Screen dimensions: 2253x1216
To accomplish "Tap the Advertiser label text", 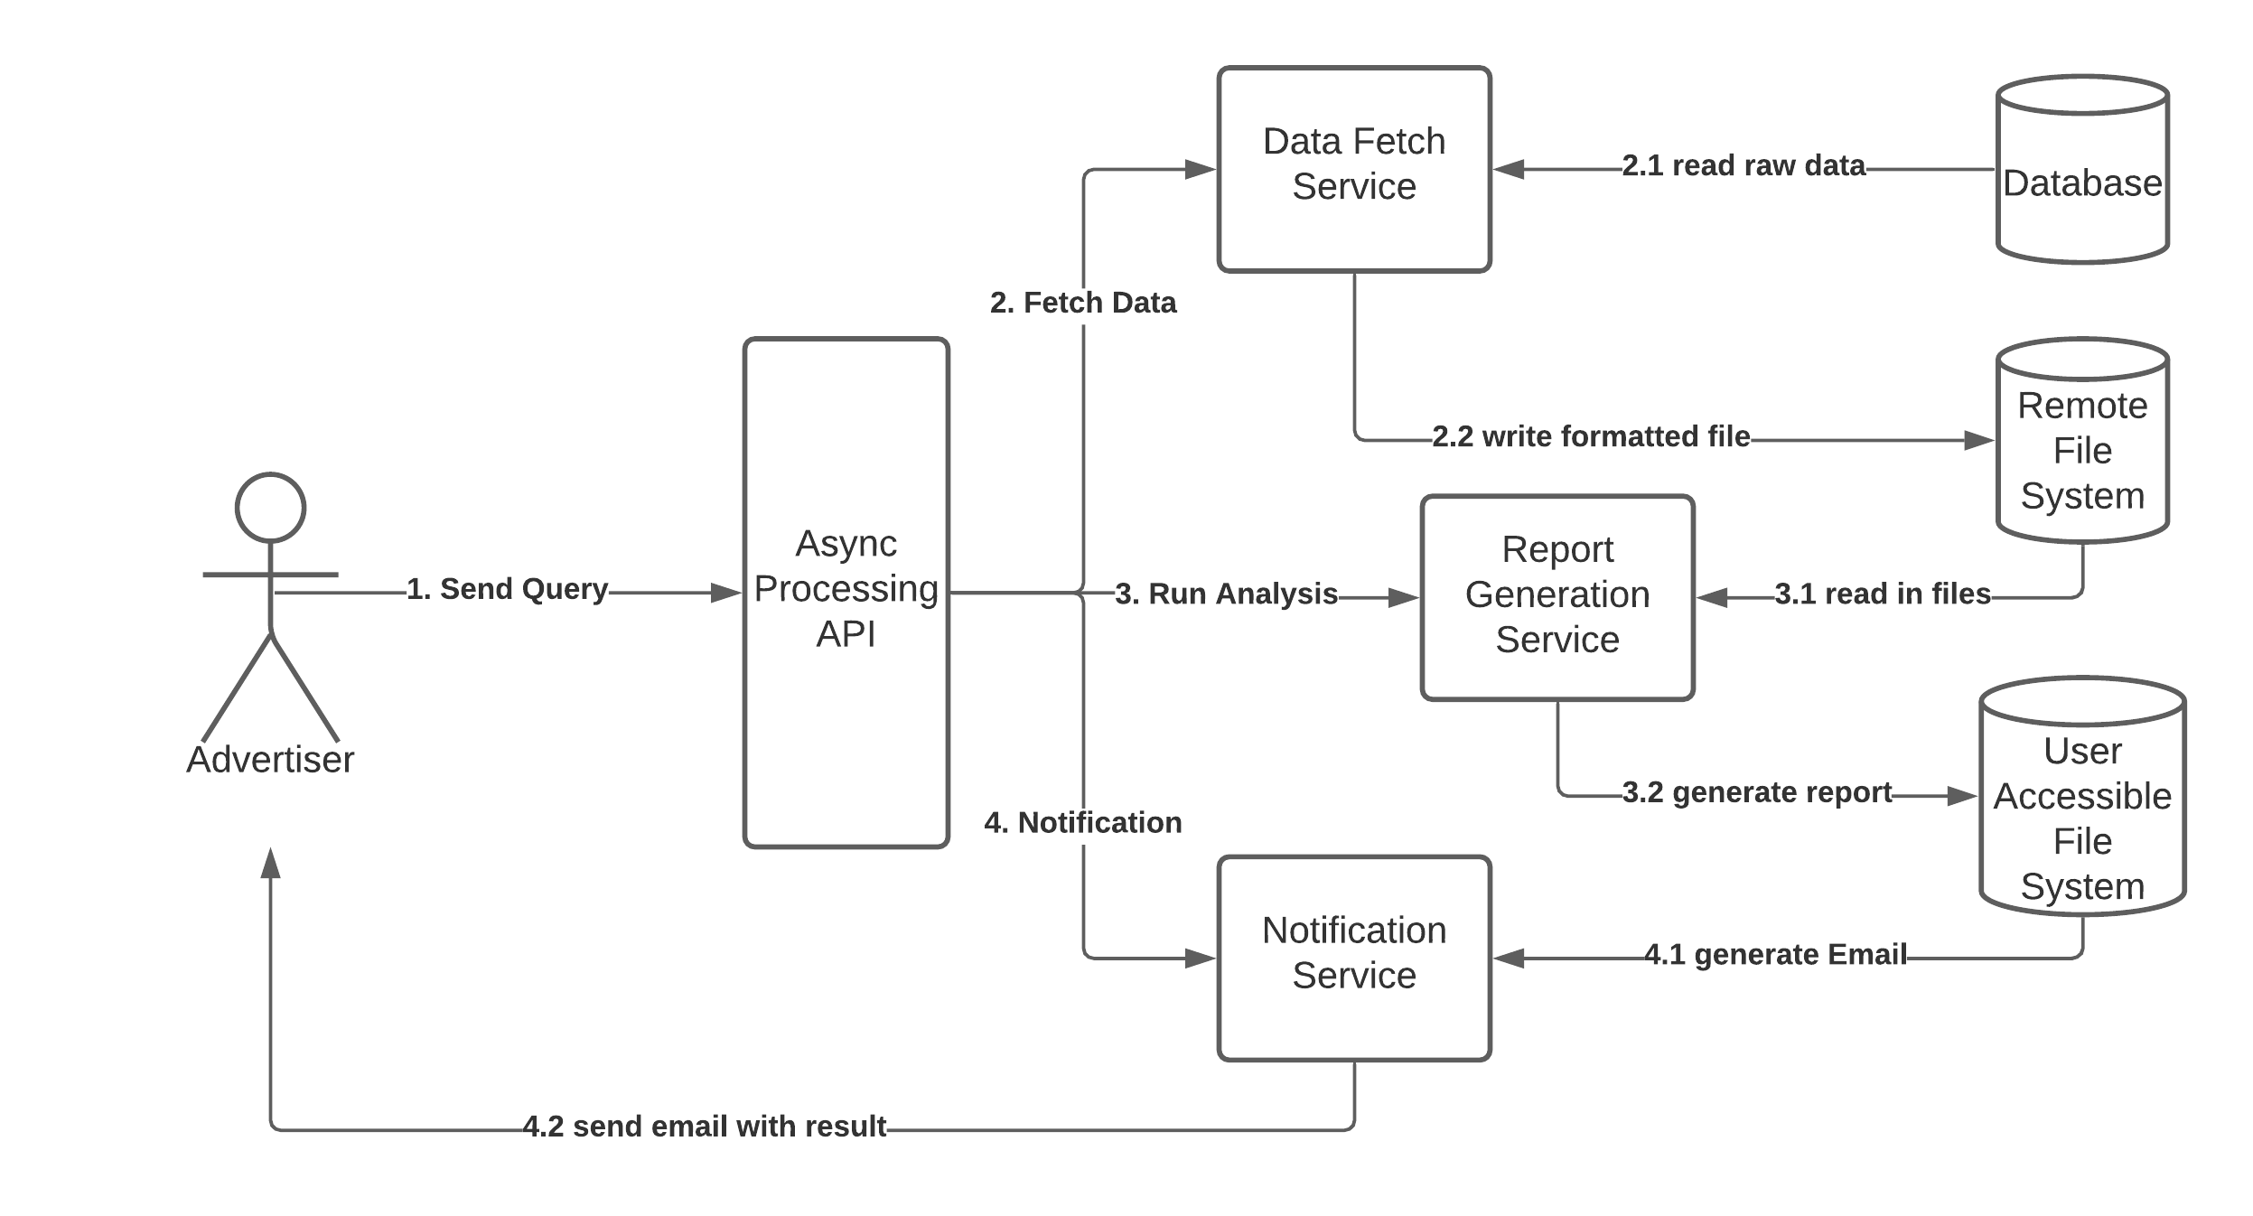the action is tap(270, 760).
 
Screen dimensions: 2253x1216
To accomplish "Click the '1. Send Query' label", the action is tap(507, 589).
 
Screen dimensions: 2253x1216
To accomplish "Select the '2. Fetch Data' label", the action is tap(1083, 303).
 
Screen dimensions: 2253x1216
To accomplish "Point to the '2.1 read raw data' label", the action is tap(1744, 165).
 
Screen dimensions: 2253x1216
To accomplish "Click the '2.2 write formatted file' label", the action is tap(1591, 436).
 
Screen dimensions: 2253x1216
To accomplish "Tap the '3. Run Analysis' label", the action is tap(1226, 594).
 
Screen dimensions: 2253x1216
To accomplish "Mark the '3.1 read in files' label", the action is tap(1883, 594).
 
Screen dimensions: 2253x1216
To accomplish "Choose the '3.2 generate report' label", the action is tap(1757, 792).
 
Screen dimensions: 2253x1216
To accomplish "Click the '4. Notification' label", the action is tap(1083, 822).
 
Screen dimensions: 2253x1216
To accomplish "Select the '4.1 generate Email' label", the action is tap(1775, 954).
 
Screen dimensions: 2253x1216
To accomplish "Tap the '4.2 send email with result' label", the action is tap(705, 1127).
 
